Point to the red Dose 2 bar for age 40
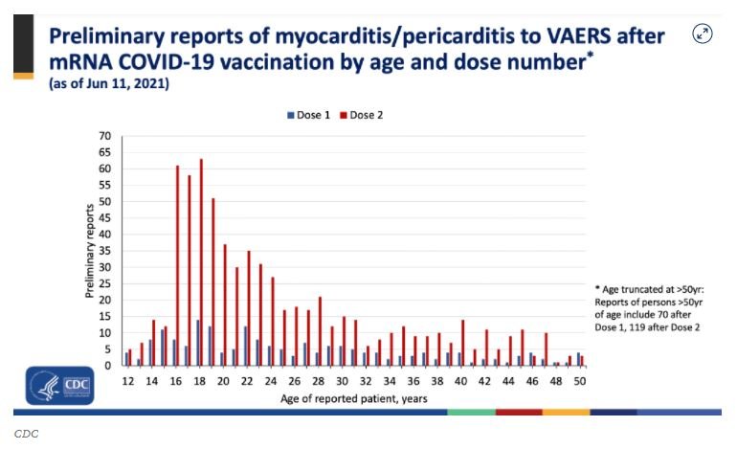[462, 343]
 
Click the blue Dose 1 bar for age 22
[245, 347]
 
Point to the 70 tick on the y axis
[106, 136]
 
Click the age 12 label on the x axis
[128, 380]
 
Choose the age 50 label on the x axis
[579, 380]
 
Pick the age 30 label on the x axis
[342, 380]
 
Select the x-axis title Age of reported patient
[354, 397]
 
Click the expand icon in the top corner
[702, 34]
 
